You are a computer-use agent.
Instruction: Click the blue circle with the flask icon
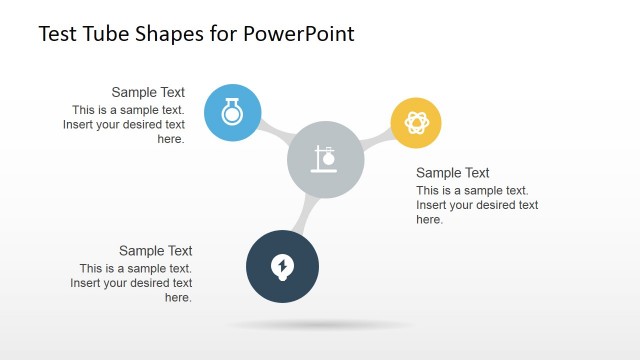[x=232, y=112]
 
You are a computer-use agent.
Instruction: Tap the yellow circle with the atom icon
[x=415, y=122]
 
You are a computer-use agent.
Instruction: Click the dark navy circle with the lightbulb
[x=282, y=266]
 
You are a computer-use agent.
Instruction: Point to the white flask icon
[x=232, y=112]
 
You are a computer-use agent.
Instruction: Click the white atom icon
[x=415, y=122]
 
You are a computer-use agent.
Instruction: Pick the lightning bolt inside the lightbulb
[x=283, y=265]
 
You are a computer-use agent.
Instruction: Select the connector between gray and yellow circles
[x=376, y=140]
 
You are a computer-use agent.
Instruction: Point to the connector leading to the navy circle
[x=306, y=214]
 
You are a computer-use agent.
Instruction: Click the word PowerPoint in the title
[x=304, y=34]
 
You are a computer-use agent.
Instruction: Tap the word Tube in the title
[x=102, y=34]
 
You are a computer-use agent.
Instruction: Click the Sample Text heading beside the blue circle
[x=148, y=92]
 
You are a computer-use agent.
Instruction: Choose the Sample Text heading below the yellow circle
[x=453, y=173]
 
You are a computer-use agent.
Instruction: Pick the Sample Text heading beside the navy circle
[x=155, y=251]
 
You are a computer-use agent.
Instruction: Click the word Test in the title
[x=56, y=34]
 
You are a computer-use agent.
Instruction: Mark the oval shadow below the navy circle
[x=320, y=325]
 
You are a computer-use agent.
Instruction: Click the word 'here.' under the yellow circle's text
[x=430, y=220]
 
